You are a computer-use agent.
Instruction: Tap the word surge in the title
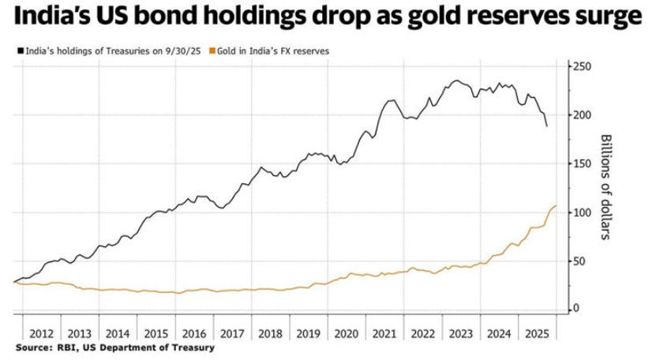coord(606,17)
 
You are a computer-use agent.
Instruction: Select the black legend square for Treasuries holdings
coord(20,51)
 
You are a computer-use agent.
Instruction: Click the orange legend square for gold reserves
coord(212,51)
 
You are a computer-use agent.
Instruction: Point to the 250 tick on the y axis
coord(583,66)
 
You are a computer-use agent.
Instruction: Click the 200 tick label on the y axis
coord(583,115)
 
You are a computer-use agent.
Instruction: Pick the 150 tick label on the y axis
coord(583,163)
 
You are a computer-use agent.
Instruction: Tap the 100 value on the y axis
coord(583,212)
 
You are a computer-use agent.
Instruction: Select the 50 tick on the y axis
coord(580,261)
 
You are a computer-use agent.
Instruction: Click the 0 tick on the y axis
coord(577,309)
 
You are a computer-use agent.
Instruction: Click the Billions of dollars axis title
coord(607,187)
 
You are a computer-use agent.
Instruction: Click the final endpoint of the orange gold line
coord(556,206)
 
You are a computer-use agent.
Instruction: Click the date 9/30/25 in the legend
coord(183,51)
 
